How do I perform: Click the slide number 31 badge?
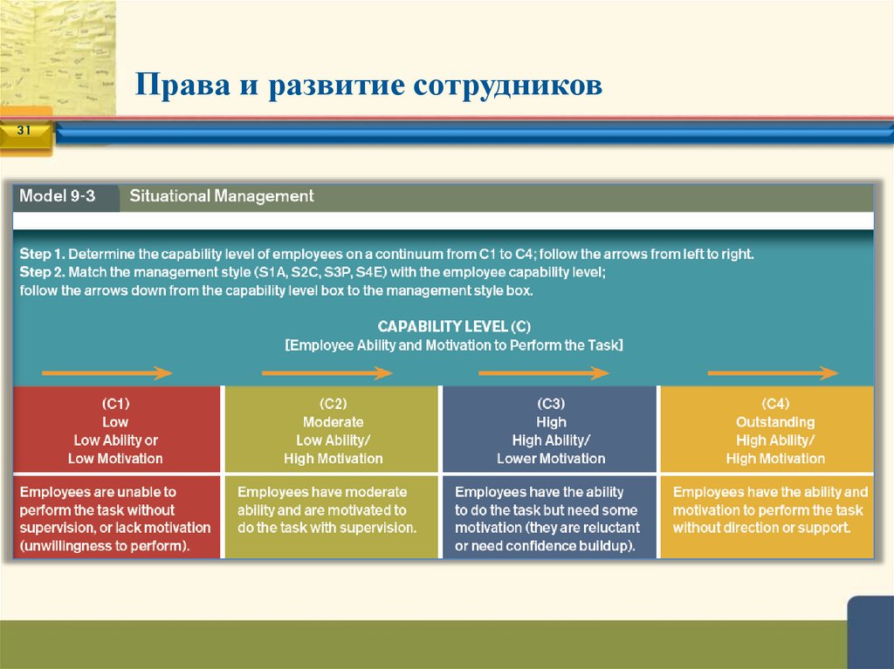(x=24, y=131)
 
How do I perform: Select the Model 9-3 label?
(x=58, y=196)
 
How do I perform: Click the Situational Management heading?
(x=222, y=196)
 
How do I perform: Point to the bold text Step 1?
(x=42, y=255)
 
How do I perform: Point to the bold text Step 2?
(x=42, y=272)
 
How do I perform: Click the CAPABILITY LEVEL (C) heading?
(x=453, y=326)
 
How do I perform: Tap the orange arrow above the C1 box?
(x=107, y=373)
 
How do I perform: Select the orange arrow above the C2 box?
(x=327, y=373)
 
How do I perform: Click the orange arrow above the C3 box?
(x=543, y=373)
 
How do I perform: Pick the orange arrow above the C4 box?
(x=773, y=373)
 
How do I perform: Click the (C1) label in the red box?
(x=115, y=404)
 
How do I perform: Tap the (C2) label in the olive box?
(x=333, y=404)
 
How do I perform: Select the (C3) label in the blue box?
(x=551, y=404)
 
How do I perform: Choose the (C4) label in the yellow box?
(x=775, y=404)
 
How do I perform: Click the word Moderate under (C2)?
(x=333, y=422)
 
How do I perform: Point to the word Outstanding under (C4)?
(x=775, y=422)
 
